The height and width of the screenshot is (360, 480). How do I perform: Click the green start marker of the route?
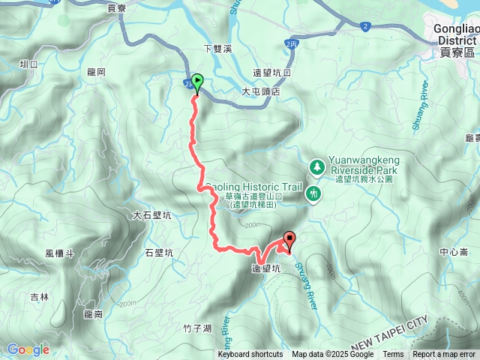(197, 82)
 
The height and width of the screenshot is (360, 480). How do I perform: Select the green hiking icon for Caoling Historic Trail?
(313, 193)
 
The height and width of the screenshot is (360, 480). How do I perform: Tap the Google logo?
(28, 349)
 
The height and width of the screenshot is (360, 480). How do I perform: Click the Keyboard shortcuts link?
(250, 355)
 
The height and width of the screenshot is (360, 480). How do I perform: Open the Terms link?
(393, 355)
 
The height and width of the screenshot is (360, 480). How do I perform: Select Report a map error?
(445, 355)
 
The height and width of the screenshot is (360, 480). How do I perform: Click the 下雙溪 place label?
(219, 49)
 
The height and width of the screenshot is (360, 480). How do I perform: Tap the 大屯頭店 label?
(260, 91)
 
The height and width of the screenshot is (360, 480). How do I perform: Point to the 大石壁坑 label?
(152, 215)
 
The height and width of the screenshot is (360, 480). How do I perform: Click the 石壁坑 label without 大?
(158, 253)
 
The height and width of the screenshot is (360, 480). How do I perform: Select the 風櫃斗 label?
(59, 254)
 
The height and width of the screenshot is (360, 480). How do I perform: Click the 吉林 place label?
(39, 297)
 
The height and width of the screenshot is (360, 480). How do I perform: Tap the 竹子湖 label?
(197, 328)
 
